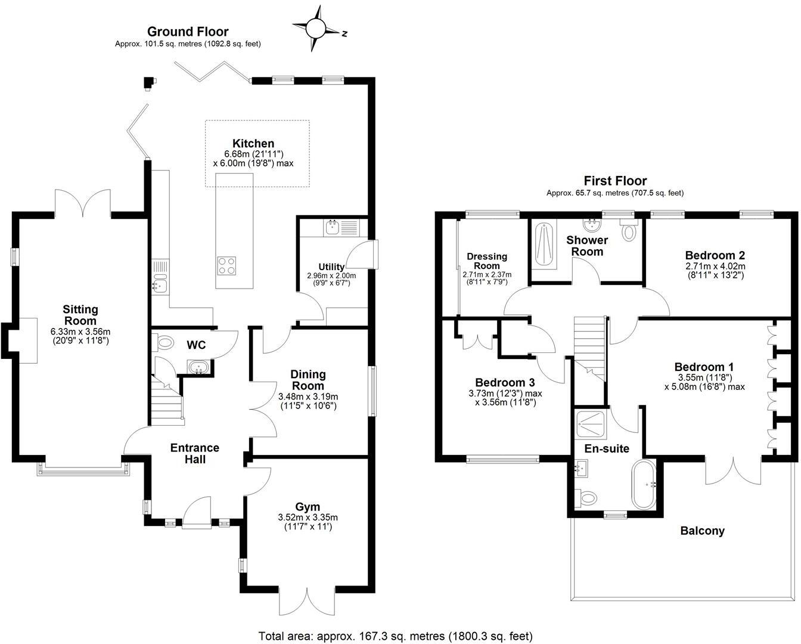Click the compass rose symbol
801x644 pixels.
pos(316,28)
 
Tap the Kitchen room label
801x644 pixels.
pos(253,143)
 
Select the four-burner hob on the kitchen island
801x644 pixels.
pos(226,265)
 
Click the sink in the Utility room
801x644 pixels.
pos(332,227)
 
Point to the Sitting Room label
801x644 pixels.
pos(80,315)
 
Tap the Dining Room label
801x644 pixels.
pos(308,380)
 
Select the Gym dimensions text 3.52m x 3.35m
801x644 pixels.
pos(308,518)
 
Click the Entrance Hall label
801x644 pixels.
pos(195,453)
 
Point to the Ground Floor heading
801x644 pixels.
pos(188,32)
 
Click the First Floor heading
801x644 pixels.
pos(615,181)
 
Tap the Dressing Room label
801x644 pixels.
pos(487,261)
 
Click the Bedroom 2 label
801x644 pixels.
pos(715,255)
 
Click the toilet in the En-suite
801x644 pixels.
pos(588,496)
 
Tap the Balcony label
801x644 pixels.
pos(703,531)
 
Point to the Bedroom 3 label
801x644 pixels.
pos(505,382)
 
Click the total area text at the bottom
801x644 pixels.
pos(396,636)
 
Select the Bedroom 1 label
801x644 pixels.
pos(704,367)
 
